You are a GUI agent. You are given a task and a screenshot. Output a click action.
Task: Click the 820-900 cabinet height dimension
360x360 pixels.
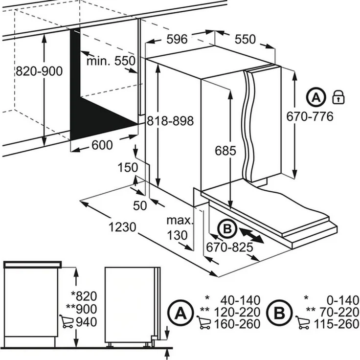[x=39, y=71]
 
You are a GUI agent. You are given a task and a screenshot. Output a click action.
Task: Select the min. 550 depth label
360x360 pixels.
[x=111, y=61]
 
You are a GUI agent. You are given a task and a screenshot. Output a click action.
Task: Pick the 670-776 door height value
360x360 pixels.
[x=311, y=116]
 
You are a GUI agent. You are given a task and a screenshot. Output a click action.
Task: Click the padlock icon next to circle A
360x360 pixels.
[x=338, y=96]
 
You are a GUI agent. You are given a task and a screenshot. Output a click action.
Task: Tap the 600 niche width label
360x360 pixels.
[x=102, y=145]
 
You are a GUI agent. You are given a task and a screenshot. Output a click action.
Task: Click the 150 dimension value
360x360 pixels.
[x=128, y=167]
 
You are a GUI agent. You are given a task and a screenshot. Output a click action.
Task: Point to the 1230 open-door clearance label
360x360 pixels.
[x=123, y=227]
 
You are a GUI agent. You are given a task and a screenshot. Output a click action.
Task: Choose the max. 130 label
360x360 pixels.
[x=177, y=227]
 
